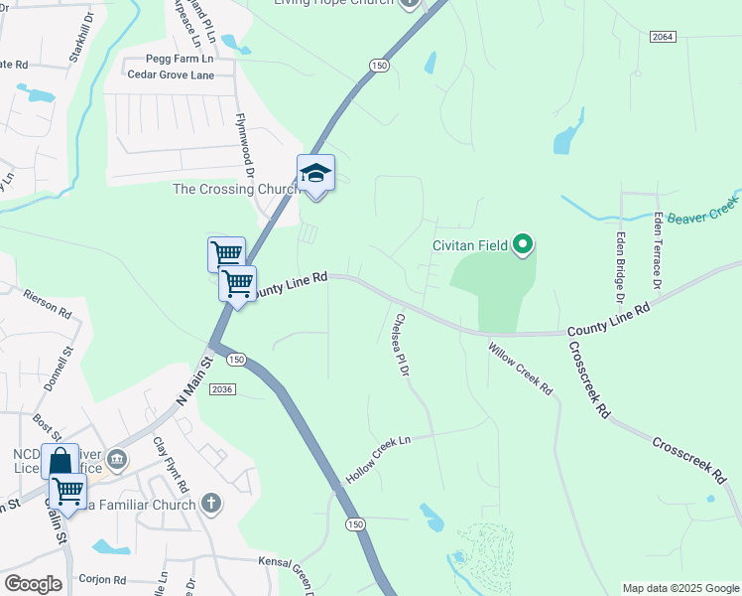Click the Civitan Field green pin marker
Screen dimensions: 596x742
coord(524,244)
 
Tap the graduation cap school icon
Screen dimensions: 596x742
coord(315,174)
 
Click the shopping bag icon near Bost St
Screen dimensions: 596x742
coord(60,462)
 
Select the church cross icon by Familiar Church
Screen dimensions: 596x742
coord(209,503)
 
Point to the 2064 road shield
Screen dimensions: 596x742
coord(664,37)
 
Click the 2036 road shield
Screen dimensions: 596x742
coord(222,389)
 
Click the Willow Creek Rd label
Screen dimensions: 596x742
coord(520,369)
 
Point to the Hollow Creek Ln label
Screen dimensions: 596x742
coord(377,463)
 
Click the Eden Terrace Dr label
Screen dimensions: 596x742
coord(657,249)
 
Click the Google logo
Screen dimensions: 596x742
coord(34,584)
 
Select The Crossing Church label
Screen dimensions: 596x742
coord(235,189)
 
